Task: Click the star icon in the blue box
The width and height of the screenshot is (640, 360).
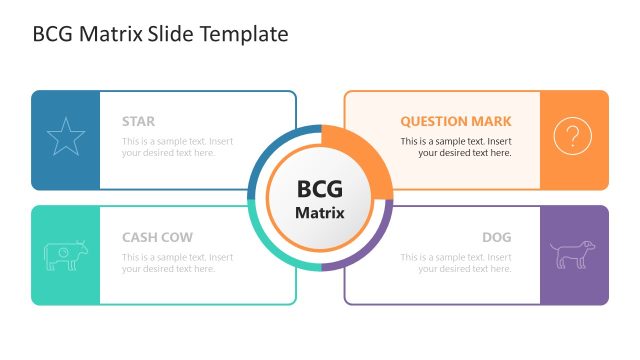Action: tap(66, 137)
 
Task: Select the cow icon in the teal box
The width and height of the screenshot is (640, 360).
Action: tap(66, 255)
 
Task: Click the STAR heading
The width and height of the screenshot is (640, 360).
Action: tap(138, 121)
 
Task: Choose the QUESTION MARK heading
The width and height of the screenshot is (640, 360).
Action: tap(456, 121)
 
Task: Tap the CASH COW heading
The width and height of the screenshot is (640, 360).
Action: tap(157, 237)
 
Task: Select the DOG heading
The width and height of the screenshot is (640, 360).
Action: tap(496, 237)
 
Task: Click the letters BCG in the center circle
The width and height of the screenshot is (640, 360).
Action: tap(320, 189)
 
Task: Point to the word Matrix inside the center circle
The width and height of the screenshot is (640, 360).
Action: tap(320, 212)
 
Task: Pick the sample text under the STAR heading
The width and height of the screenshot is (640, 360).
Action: tap(177, 147)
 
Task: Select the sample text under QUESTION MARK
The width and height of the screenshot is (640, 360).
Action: tap(456, 147)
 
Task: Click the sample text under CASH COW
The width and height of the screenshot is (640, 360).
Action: tap(177, 263)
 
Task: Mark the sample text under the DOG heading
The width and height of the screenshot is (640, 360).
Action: tap(456, 263)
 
